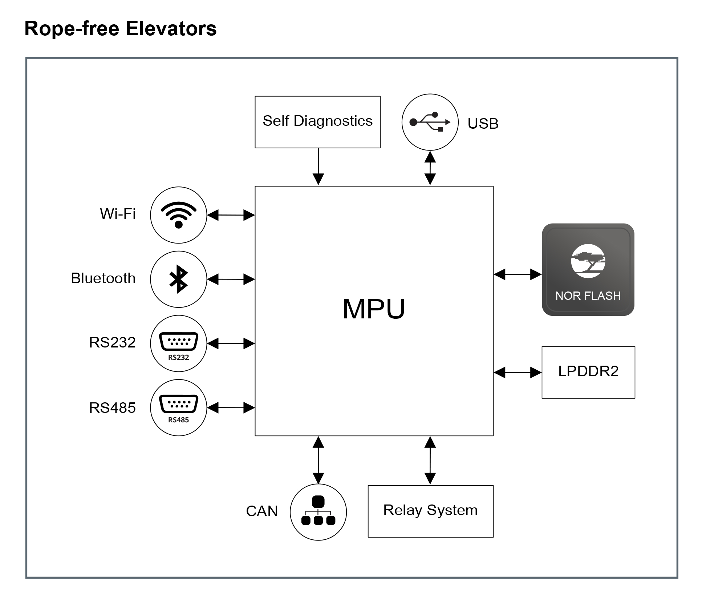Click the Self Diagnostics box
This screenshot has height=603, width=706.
(317, 122)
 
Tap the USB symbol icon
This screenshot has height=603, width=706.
(430, 122)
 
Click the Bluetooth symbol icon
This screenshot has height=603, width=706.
(179, 279)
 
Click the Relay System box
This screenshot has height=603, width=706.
(431, 511)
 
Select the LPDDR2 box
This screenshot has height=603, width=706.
(588, 372)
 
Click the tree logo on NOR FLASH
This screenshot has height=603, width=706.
(588, 261)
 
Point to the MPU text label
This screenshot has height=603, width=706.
(374, 309)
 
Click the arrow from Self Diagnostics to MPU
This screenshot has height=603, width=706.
(318, 166)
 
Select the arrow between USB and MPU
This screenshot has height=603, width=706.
(430, 168)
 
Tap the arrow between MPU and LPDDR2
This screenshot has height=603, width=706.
(518, 373)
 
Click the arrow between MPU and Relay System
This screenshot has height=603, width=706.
(430, 460)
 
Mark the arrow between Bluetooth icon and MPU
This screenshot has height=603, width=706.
(231, 279)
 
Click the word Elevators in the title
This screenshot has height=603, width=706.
(171, 28)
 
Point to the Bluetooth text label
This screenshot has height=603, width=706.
(103, 278)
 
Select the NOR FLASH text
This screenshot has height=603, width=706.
(588, 296)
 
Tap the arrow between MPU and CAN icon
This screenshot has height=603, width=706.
(318, 460)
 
